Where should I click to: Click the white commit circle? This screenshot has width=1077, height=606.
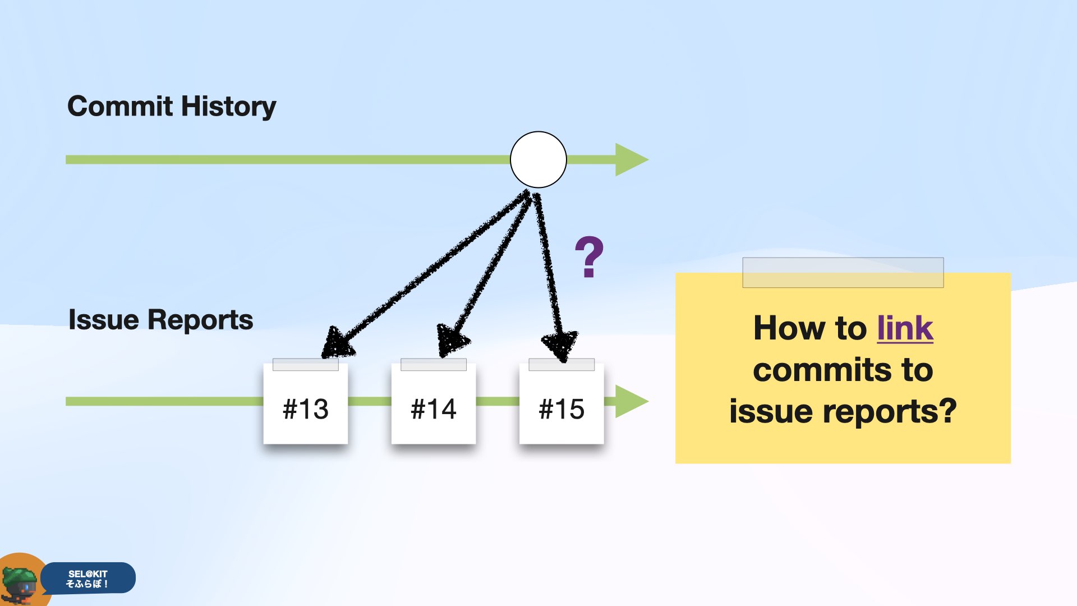click(x=538, y=159)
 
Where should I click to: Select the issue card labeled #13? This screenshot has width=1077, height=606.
click(x=306, y=403)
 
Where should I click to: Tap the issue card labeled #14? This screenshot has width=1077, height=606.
click(x=434, y=403)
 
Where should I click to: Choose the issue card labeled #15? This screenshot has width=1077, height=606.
click(x=561, y=403)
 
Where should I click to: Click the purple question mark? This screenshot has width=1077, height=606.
click(x=589, y=257)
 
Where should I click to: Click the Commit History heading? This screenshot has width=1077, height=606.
click(x=172, y=107)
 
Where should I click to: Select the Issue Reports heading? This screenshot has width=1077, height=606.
click(x=160, y=320)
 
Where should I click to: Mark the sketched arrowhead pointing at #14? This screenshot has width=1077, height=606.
click(x=452, y=340)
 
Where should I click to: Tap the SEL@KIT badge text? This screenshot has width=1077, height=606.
click(x=88, y=579)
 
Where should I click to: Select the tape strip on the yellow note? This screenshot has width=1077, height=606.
click(x=843, y=273)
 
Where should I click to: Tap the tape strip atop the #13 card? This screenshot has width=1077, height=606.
click(x=306, y=365)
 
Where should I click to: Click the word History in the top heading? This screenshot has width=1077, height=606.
click(x=229, y=107)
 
